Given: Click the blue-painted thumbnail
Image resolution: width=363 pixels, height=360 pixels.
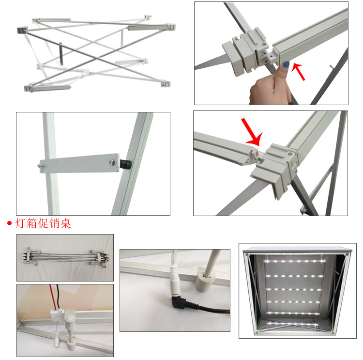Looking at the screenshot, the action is pos(286,64).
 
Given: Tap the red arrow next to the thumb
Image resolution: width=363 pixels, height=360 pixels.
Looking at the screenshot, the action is pos(298,72).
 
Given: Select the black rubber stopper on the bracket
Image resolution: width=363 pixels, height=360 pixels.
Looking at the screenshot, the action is pos(125,164).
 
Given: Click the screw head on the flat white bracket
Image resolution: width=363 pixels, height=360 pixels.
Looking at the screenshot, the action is pos(112,162).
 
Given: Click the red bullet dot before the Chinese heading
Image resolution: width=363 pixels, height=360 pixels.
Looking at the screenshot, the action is pos(9,223).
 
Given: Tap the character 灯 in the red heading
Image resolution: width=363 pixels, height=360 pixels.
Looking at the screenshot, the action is pos(20,223).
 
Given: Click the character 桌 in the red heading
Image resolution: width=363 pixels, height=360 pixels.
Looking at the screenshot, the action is pos(65,223).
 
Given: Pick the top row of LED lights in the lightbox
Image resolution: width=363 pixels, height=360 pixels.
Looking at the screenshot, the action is pos(295,261).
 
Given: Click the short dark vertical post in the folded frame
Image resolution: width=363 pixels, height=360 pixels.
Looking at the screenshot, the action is pos(61,54).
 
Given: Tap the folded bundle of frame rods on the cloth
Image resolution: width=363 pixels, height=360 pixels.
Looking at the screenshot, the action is pos(65,257).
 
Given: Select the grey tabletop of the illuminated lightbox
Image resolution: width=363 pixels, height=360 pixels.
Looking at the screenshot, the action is pos(298,250).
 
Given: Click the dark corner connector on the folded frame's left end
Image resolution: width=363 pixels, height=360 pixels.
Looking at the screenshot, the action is pos(22,30).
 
